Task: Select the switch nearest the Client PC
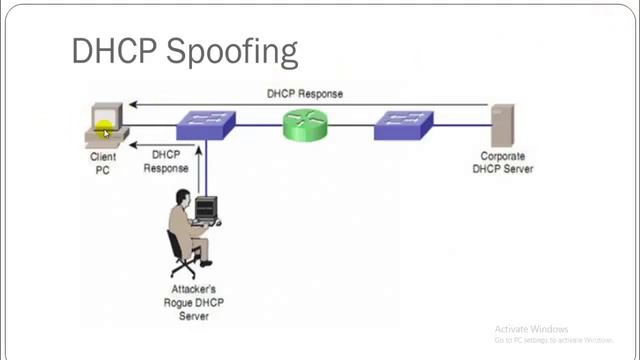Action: click(205, 125)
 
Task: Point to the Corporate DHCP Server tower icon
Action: click(501, 125)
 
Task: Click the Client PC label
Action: click(103, 163)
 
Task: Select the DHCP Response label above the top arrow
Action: click(304, 94)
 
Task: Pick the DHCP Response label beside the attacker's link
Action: click(166, 162)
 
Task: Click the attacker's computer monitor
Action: click(205, 209)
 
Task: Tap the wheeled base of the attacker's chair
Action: click(184, 268)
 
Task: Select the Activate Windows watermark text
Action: click(531, 329)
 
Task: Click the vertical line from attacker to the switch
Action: click(202, 170)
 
